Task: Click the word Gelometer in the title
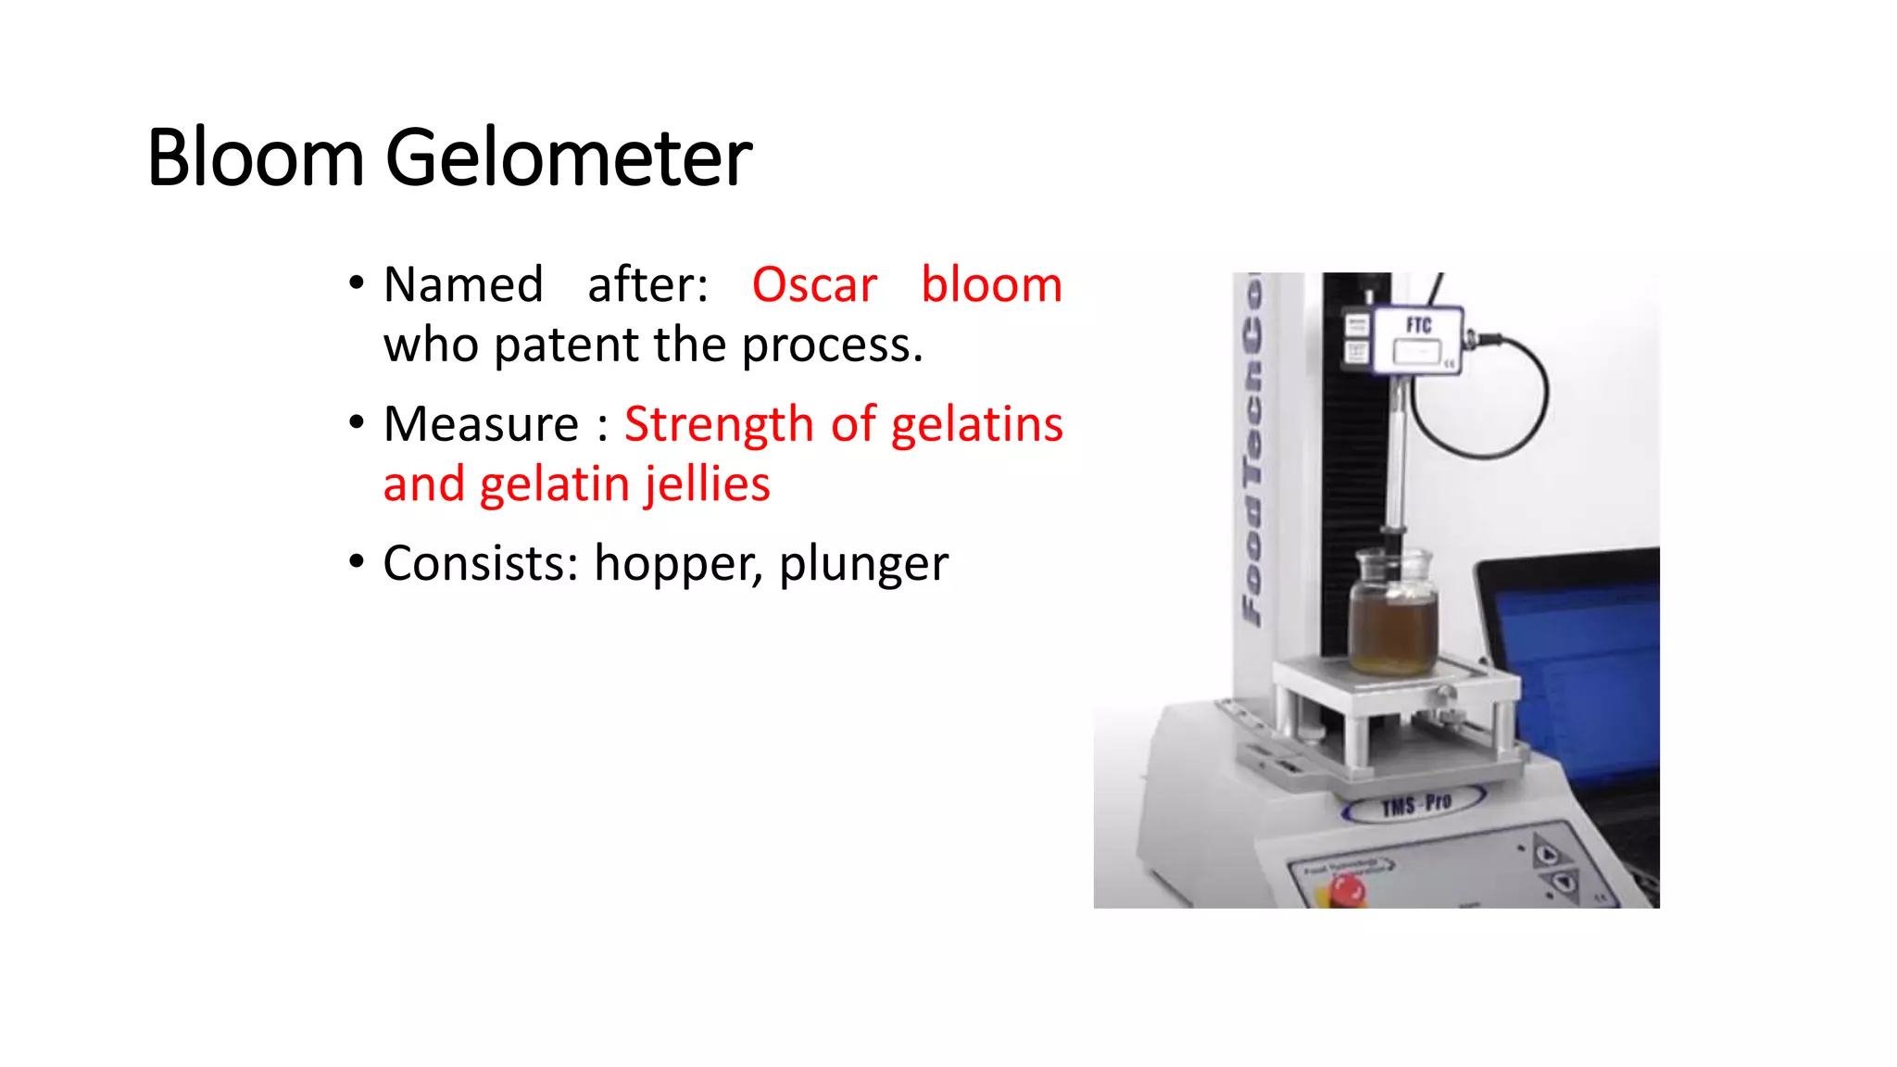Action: (568, 159)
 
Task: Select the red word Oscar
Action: (814, 284)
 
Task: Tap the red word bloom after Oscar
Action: (991, 284)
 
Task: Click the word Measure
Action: (481, 424)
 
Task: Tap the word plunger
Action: (863, 565)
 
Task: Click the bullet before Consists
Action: (357, 561)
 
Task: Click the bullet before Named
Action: (357, 282)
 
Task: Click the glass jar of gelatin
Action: (1392, 616)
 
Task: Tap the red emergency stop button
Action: (1346, 891)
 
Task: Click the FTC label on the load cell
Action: (1418, 325)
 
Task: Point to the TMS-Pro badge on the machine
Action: (1415, 804)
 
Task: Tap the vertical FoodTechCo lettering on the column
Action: (1253, 454)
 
